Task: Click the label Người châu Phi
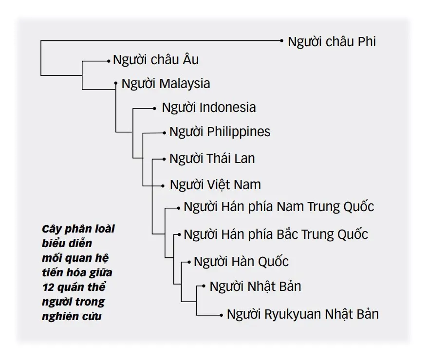coord(332,42)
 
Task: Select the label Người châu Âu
coord(156,59)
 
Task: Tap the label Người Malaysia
coord(166,84)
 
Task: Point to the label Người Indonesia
coord(209,108)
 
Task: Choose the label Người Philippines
coord(220,132)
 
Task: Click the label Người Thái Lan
coord(212,159)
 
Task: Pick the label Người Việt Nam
coord(215,185)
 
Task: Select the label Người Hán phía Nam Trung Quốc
coord(279,207)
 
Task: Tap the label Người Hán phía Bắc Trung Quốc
coord(276,234)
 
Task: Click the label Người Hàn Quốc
coord(241,262)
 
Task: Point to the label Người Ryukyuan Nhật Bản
coord(303,314)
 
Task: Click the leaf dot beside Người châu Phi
coord(282,41)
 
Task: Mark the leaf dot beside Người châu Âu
coord(109,61)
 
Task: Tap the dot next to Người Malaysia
coord(116,83)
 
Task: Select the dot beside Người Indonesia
coord(154,108)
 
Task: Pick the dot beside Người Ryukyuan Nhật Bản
coord(222,315)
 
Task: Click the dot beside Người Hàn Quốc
coord(189,262)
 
